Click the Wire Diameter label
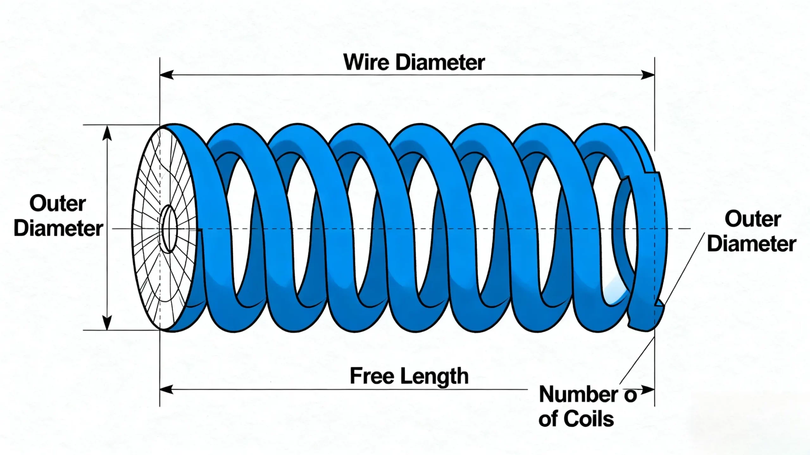coord(414,62)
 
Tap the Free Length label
coord(409,376)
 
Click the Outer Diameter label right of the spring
coord(752,231)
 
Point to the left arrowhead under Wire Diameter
coord(167,75)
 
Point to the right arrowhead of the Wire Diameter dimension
coord(647,75)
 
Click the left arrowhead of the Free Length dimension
coord(167,390)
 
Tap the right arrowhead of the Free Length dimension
coord(647,390)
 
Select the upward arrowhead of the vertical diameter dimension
coord(108,133)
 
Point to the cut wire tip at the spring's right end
coord(660,304)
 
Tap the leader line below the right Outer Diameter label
coord(683,269)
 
